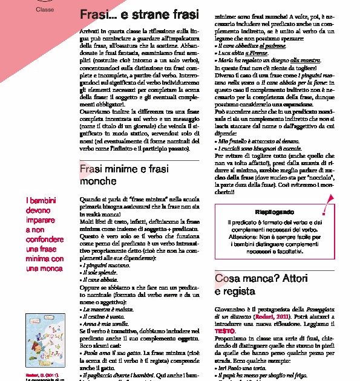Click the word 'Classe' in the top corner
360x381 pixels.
point(45,10)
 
